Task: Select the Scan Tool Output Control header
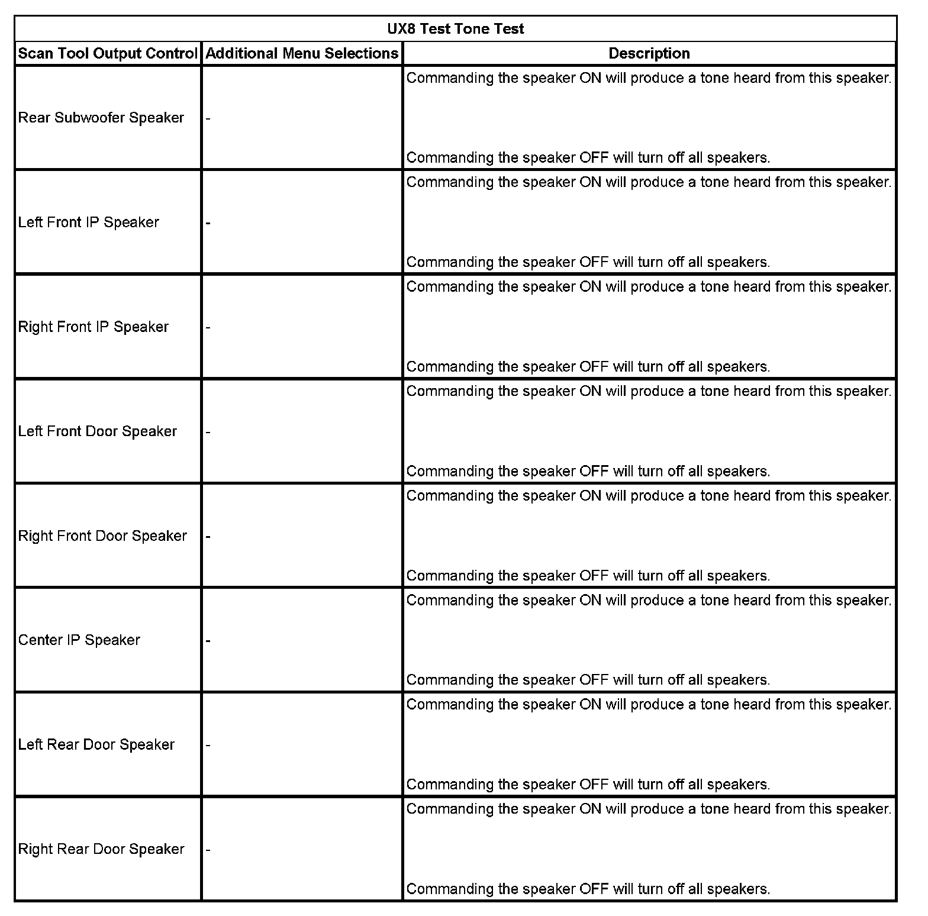pyautogui.click(x=107, y=54)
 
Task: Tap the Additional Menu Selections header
pyautogui.click(x=302, y=54)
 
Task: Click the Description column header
pyautogui.click(x=649, y=54)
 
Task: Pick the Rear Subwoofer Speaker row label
pyautogui.click(x=101, y=118)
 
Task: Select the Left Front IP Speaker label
pyautogui.click(x=89, y=222)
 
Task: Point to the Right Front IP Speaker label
pyautogui.click(x=94, y=327)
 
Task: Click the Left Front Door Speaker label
pyautogui.click(x=98, y=431)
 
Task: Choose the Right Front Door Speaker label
pyautogui.click(x=102, y=536)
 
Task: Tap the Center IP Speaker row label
pyautogui.click(x=79, y=640)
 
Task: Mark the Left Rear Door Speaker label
pyautogui.click(x=96, y=745)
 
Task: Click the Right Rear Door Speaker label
pyautogui.click(x=101, y=849)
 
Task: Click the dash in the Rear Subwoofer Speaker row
pyautogui.click(x=208, y=118)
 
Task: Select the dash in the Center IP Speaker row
pyautogui.click(x=208, y=641)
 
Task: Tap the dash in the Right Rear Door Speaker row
pyautogui.click(x=208, y=850)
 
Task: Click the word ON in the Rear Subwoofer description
pyautogui.click(x=590, y=78)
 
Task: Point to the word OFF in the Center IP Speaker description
pyautogui.click(x=594, y=680)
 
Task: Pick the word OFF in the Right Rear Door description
pyautogui.click(x=594, y=889)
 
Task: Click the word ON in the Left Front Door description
pyautogui.click(x=590, y=392)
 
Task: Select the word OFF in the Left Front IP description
pyautogui.click(x=594, y=262)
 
